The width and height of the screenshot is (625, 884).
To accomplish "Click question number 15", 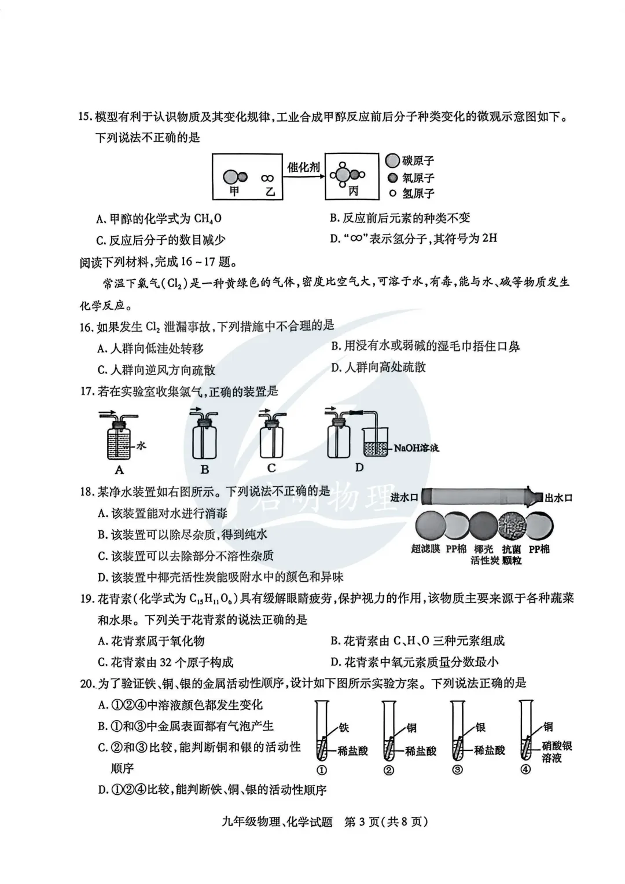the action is coord(86,117).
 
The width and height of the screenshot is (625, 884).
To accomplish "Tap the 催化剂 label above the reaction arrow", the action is coord(304,167).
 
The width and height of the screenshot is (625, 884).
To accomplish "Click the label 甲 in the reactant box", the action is coord(234,190).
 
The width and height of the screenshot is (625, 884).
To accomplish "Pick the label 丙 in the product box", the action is coord(353,191).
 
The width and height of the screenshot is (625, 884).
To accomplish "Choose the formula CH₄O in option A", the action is coord(208,218).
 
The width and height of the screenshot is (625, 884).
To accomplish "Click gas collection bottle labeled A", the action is coord(120,442).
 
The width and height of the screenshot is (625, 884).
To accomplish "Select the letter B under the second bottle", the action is coord(204,469).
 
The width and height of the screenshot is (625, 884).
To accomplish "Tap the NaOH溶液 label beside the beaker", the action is coord(416,447).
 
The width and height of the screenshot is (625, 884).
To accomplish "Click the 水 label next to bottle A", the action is coord(141,445).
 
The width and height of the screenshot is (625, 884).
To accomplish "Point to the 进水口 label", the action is coord(404,497).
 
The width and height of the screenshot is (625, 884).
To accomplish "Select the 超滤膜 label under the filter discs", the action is coord(425,549).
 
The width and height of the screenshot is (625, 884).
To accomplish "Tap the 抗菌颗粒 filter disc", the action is coord(511,526).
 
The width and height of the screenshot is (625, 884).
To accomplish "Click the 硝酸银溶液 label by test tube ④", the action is coord(557,751).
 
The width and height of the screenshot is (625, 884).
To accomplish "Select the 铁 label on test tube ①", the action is coord(344,727).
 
